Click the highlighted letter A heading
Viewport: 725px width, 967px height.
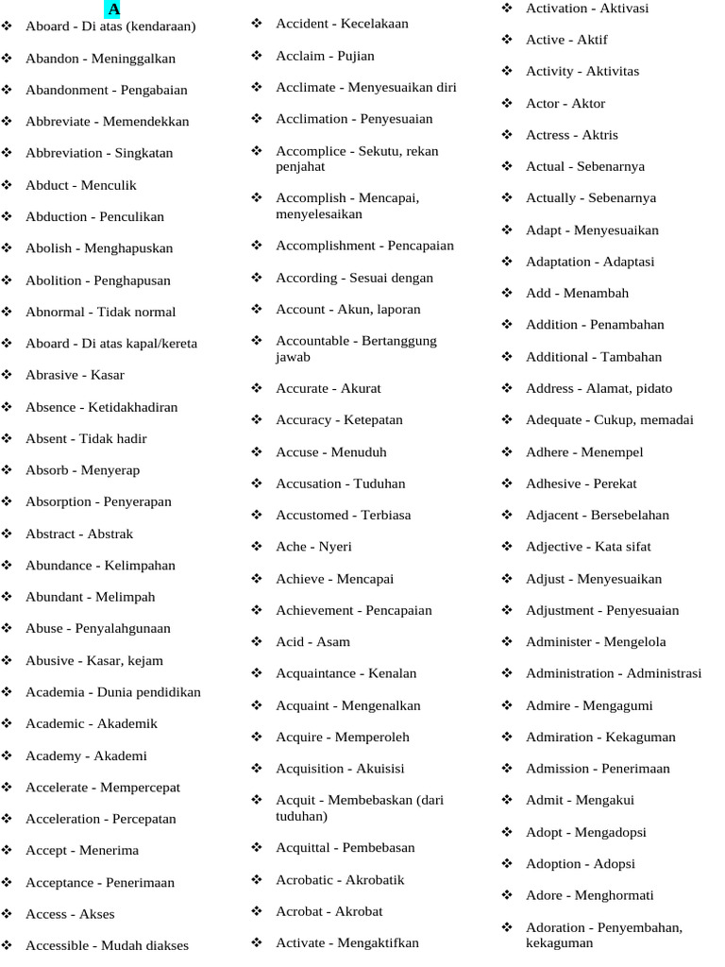coord(113,9)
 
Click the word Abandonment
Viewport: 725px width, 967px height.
coord(66,90)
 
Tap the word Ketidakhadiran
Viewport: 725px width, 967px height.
coord(133,407)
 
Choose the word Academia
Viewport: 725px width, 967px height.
coord(55,692)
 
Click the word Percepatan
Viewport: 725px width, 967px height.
coord(144,819)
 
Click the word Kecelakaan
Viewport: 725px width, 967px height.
coord(375,24)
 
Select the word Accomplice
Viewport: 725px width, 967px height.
coord(311,150)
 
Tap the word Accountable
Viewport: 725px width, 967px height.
coord(313,341)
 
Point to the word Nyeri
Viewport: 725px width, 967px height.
coord(335,547)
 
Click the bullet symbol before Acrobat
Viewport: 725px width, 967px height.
coord(257,911)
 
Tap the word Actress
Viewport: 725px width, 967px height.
coord(548,135)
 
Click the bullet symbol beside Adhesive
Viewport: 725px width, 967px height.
coord(507,483)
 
